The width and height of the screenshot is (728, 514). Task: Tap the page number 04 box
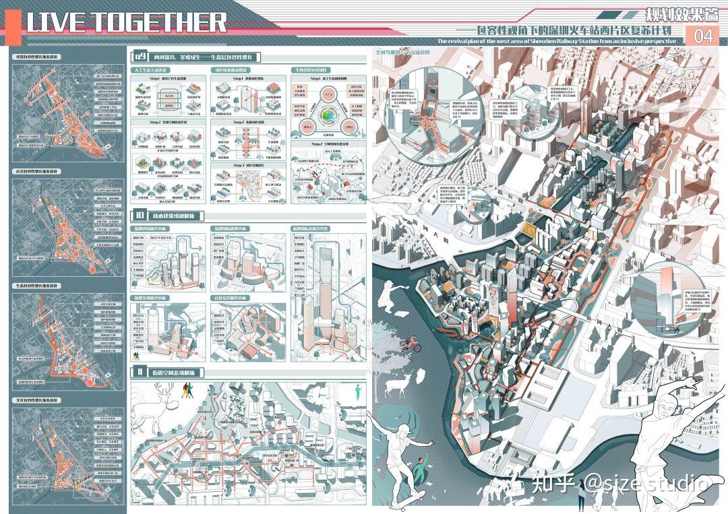point(702,36)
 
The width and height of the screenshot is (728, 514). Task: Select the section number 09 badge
point(139,57)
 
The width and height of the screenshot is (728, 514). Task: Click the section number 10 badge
point(138,216)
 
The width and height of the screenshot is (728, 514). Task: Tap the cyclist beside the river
point(414,345)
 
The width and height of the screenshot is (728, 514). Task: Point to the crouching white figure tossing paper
point(393,297)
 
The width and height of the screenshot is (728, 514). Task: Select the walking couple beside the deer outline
point(187,391)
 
